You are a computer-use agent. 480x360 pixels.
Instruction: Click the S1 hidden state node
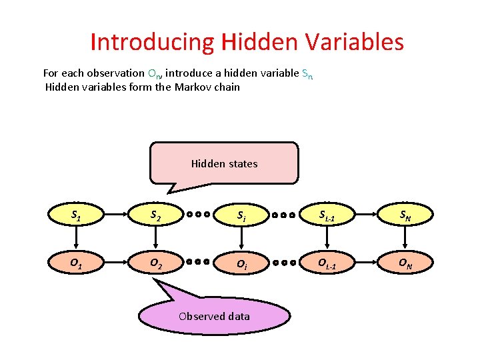(77, 215)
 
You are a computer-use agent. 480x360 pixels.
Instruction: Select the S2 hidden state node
(156, 215)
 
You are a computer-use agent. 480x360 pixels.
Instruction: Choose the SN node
(406, 215)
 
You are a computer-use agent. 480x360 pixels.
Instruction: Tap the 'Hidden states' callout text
(224, 163)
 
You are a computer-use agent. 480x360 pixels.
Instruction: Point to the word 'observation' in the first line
(115, 73)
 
